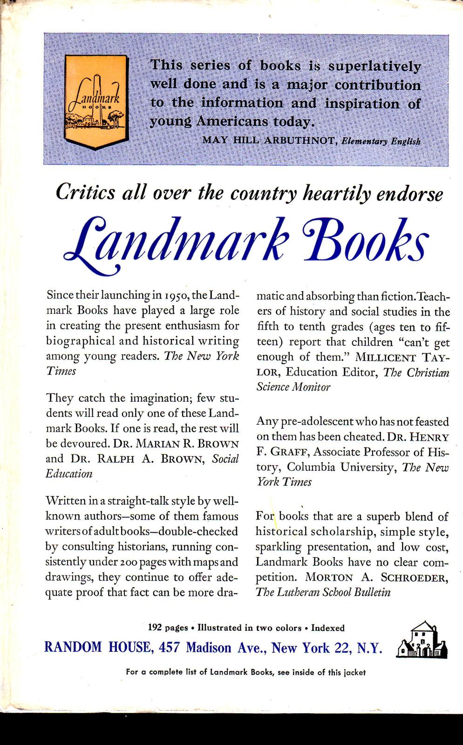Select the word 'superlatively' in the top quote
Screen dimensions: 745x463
click(374, 66)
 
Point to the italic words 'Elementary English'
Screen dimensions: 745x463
click(381, 141)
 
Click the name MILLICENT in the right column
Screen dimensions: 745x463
click(385, 358)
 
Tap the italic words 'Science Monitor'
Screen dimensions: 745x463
click(293, 387)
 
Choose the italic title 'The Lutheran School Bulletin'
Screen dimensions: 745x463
click(323, 592)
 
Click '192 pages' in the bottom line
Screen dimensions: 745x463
click(168, 628)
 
